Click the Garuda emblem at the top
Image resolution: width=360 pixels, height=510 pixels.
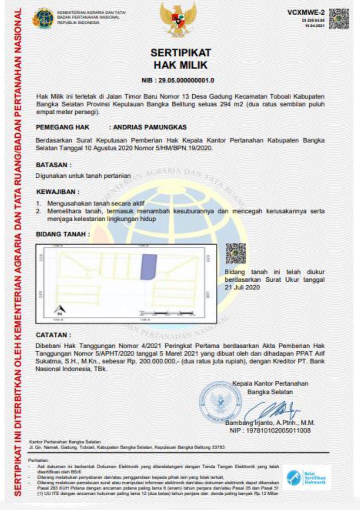178,19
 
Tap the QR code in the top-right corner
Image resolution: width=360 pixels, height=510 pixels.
339,19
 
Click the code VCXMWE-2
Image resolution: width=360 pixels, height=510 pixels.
306,12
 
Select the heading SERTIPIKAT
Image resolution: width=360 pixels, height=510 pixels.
181,53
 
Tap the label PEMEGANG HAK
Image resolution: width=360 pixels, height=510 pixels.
62,127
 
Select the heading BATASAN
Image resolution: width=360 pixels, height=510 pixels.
53,165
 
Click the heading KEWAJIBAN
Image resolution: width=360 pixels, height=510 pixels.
58,192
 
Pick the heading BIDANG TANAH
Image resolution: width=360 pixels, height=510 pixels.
62,234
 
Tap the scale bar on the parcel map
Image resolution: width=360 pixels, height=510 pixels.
167,313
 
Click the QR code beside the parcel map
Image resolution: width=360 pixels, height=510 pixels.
236,253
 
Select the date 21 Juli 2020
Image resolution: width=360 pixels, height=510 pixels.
242,287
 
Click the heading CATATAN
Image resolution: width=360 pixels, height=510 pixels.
53,335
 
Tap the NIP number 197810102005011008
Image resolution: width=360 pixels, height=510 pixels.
278,430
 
